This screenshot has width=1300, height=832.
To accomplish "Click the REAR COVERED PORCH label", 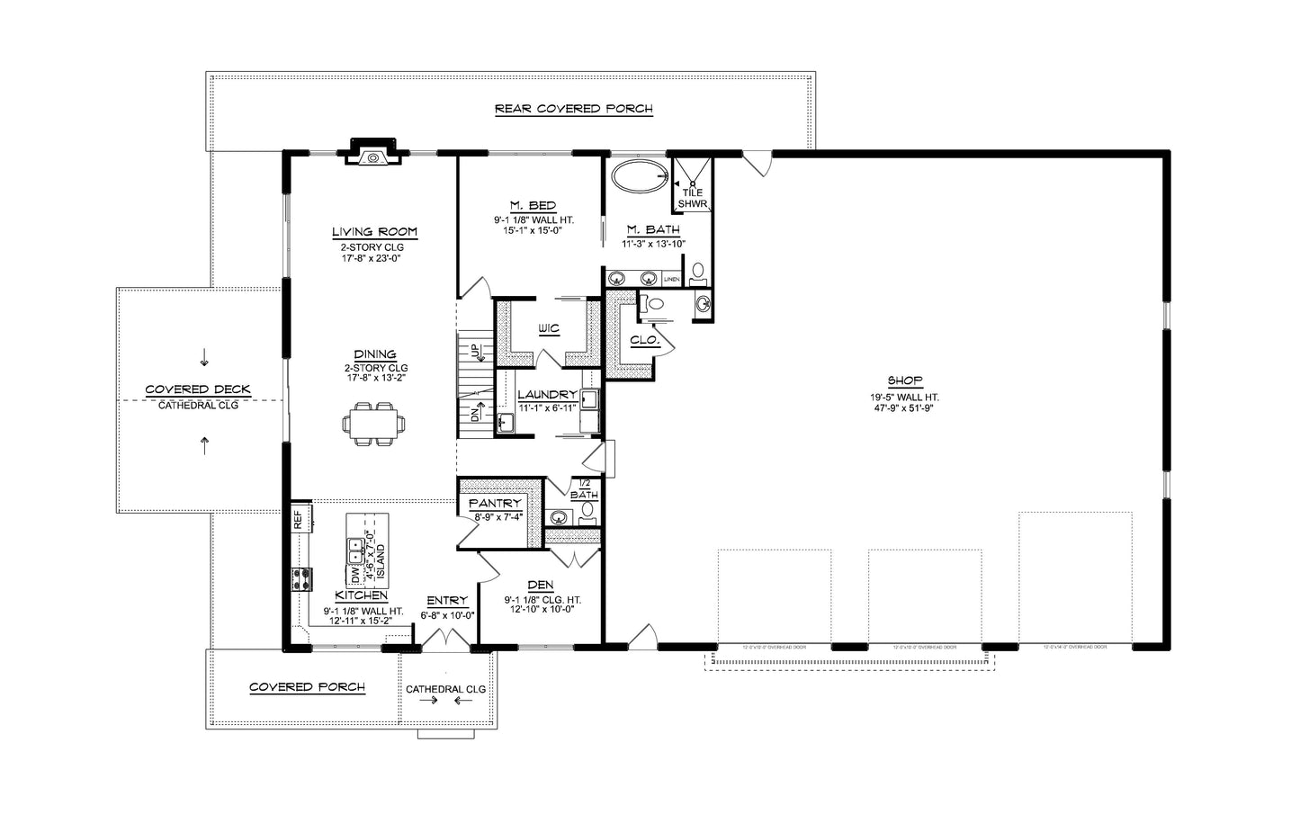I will pyautogui.click(x=573, y=109).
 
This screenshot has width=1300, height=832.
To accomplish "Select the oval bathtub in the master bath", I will pyautogui.click(x=640, y=176).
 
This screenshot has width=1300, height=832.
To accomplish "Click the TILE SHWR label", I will pyautogui.click(x=692, y=198).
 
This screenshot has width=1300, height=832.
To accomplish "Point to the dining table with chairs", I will pyautogui.click(x=372, y=424).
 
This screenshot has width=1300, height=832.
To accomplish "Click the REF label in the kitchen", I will pyautogui.click(x=298, y=519).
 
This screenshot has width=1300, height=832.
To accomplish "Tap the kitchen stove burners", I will pyautogui.click(x=300, y=580).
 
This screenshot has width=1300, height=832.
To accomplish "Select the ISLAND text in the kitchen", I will pyautogui.click(x=381, y=560).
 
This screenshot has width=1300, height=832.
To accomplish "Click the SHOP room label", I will pyautogui.click(x=904, y=380).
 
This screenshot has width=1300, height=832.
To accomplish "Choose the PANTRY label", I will pyautogui.click(x=495, y=504).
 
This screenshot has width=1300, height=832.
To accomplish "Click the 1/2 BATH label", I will pyautogui.click(x=584, y=489).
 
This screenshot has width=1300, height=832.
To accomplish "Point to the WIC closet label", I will pyautogui.click(x=548, y=329).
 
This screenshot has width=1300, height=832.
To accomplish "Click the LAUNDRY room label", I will pyautogui.click(x=547, y=395).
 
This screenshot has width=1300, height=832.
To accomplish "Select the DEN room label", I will pyautogui.click(x=542, y=586).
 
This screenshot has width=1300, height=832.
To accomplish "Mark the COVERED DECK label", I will pyautogui.click(x=198, y=389).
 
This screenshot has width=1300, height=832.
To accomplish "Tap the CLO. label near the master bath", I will pyautogui.click(x=645, y=341).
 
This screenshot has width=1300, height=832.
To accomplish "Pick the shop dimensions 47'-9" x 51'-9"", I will pyautogui.click(x=904, y=407).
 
